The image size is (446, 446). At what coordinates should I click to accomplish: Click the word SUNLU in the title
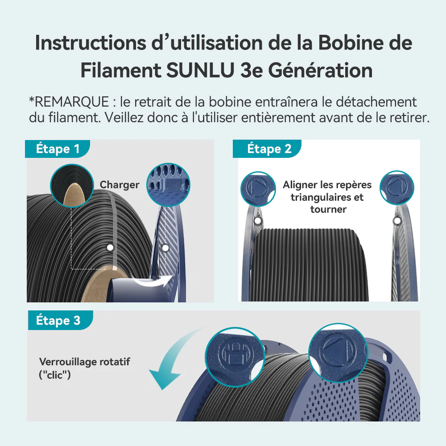[x=200, y=70]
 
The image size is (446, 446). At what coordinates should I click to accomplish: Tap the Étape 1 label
[x=58, y=149]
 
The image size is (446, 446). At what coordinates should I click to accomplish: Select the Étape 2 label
[x=269, y=149]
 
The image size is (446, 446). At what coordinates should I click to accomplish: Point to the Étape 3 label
[x=58, y=320]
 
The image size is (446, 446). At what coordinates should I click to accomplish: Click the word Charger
[x=120, y=185]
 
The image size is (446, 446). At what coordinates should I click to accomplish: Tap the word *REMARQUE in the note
[x=69, y=102]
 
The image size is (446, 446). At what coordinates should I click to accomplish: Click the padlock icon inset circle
[x=235, y=357]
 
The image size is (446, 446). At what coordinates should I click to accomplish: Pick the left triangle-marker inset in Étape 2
[x=258, y=189]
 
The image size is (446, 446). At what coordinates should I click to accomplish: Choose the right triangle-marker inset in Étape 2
[x=397, y=188]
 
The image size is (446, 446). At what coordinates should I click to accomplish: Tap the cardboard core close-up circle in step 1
[x=72, y=186]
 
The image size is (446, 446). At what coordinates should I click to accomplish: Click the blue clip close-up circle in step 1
[x=169, y=185]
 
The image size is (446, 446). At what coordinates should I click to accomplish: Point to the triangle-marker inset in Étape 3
[x=339, y=353]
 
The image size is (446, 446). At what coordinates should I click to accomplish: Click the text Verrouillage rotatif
[x=84, y=362]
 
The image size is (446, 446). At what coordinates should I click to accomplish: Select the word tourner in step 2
[x=328, y=209]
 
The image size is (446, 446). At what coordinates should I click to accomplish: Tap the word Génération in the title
[x=320, y=70]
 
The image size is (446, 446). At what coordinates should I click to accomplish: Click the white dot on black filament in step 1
[x=110, y=248]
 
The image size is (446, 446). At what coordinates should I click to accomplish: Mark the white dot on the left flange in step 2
[x=258, y=221]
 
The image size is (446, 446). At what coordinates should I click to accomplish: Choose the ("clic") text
[x=54, y=375]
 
